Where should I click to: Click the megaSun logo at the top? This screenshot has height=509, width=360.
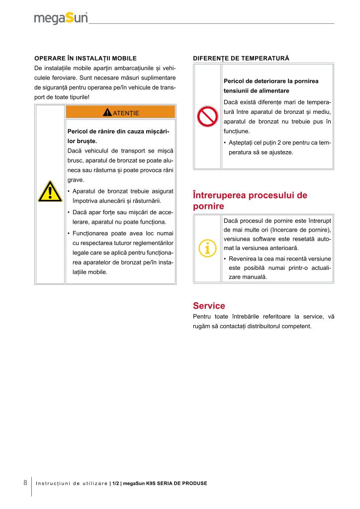click(x=61, y=18)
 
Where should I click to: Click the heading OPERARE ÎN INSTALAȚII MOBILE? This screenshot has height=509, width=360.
click(x=85, y=58)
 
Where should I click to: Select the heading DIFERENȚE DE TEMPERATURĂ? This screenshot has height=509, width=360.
click(x=241, y=58)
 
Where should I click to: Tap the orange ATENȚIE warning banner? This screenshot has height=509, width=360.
click(x=120, y=112)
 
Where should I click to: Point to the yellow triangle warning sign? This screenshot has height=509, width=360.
click(x=50, y=192)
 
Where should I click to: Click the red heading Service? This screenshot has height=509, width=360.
click(x=209, y=306)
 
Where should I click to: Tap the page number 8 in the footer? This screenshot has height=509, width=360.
click(x=25, y=483)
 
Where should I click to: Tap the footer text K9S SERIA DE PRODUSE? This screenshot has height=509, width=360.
click(x=177, y=483)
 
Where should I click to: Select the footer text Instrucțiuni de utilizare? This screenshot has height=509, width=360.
click(x=72, y=483)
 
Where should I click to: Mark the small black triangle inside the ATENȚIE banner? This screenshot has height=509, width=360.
click(x=107, y=112)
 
